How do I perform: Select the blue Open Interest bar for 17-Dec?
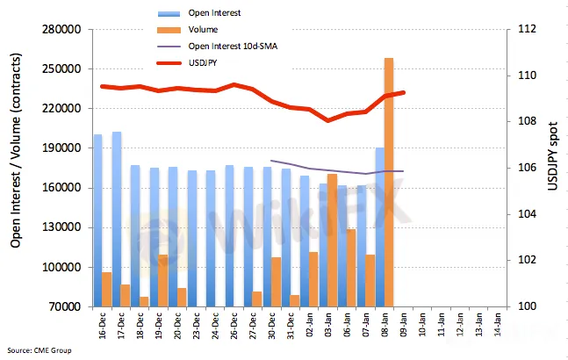tap(117, 220)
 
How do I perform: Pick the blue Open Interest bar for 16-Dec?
tap(97, 220)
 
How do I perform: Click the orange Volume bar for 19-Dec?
tap(162, 280)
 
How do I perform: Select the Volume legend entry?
tap(203, 29)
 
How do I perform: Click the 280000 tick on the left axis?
tap(61, 30)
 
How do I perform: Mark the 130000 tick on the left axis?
tap(61, 227)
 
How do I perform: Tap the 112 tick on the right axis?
tap(527, 30)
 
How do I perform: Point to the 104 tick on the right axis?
tap(527, 214)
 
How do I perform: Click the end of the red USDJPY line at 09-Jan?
tap(404, 92)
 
